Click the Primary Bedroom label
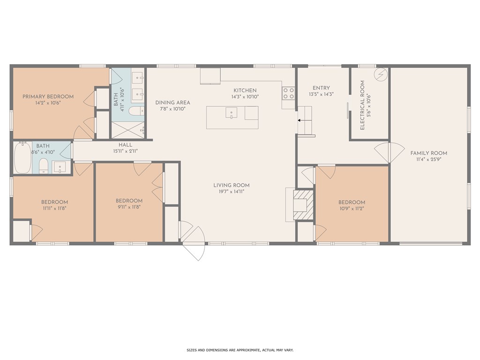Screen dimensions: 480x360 48,97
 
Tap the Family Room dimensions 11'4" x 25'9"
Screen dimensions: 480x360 428,159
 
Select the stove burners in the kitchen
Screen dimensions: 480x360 288,93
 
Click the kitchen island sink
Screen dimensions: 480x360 232,112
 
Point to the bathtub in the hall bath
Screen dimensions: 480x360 22,157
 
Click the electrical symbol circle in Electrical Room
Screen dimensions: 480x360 381,74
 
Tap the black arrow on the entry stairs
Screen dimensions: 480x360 303,120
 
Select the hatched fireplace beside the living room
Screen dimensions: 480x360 303,205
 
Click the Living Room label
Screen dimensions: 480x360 232,185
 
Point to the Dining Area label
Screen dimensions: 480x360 172,103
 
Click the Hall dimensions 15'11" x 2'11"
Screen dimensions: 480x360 126,151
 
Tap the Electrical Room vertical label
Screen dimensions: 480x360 362,105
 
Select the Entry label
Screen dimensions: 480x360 321,88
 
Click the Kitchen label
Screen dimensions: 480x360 245,90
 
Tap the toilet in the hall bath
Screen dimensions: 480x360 44,165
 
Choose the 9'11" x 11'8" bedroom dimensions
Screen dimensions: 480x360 129,207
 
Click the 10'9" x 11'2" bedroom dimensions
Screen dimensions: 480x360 352,209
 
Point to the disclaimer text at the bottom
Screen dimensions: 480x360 240,350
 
